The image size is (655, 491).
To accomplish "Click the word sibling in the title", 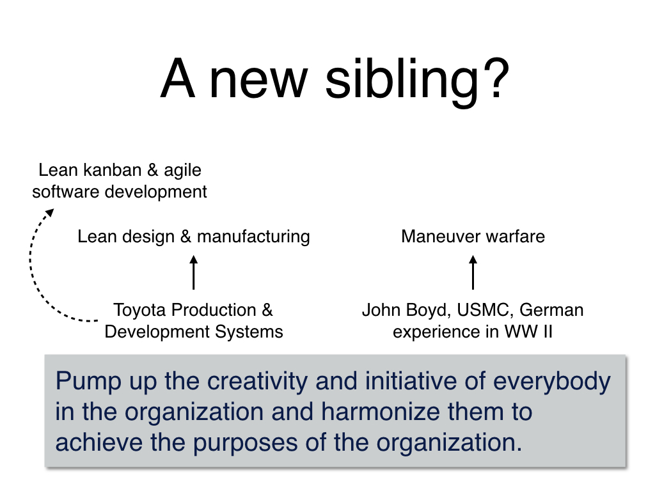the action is [x=402, y=79].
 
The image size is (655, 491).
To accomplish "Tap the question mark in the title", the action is [x=495, y=77].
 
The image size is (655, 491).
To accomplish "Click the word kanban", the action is [x=113, y=170].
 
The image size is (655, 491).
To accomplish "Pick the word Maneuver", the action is [x=441, y=237].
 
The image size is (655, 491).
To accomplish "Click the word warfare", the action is [x=516, y=237].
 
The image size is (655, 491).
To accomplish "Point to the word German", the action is [x=551, y=310].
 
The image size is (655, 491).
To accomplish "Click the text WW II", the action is [x=529, y=332].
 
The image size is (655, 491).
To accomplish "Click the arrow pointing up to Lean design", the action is [x=193, y=272].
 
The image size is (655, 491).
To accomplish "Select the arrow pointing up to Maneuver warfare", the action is [x=473, y=272].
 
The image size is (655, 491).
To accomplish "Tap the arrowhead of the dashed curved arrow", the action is [x=50, y=213].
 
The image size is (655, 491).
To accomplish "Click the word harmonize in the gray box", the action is [x=381, y=412].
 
